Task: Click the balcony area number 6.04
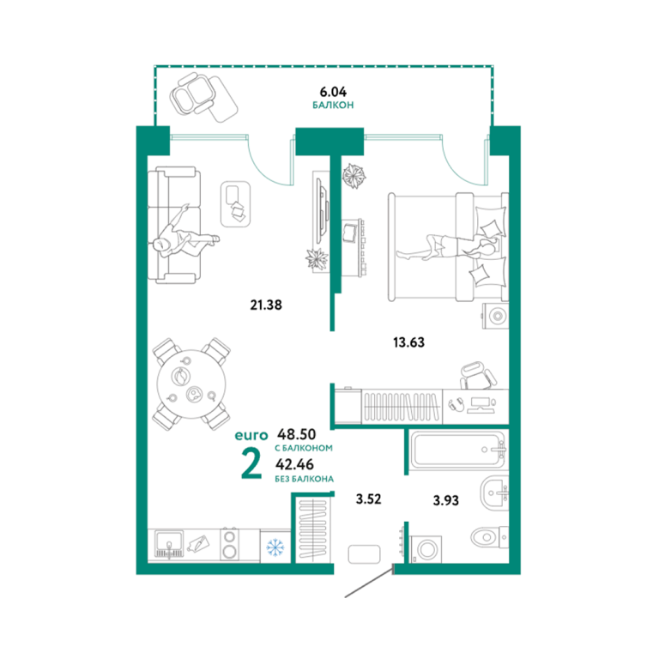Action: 333,91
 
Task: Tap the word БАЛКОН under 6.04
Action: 333,105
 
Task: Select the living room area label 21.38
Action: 266,305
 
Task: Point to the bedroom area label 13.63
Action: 409,342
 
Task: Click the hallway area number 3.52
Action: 369,499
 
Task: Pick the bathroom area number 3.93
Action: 446,500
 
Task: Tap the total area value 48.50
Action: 297,434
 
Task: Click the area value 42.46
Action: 294,464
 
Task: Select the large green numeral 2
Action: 251,464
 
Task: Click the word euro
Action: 251,435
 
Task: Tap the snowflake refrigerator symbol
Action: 275,547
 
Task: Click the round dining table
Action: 191,384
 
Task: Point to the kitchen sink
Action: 169,545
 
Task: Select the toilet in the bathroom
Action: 489,537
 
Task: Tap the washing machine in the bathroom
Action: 426,549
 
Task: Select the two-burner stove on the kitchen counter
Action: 230,545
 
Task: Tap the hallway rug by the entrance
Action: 365,554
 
